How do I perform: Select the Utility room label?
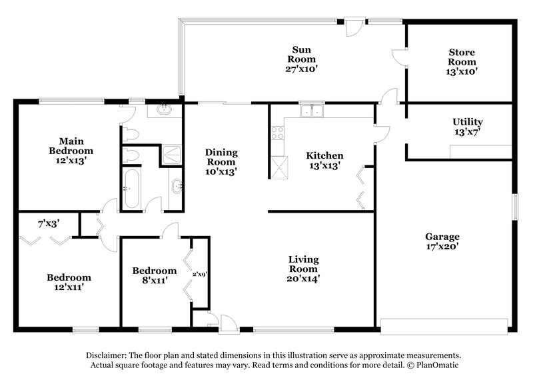(x=467, y=127)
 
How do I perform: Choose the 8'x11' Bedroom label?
(x=154, y=275)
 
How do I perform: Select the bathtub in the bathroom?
(x=131, y=188)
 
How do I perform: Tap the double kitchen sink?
(x=310, y=111)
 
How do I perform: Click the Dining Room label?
(x=221, y=161)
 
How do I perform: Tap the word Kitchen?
(x=324, y=155)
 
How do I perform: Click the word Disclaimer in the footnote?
(x=109, y=355)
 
